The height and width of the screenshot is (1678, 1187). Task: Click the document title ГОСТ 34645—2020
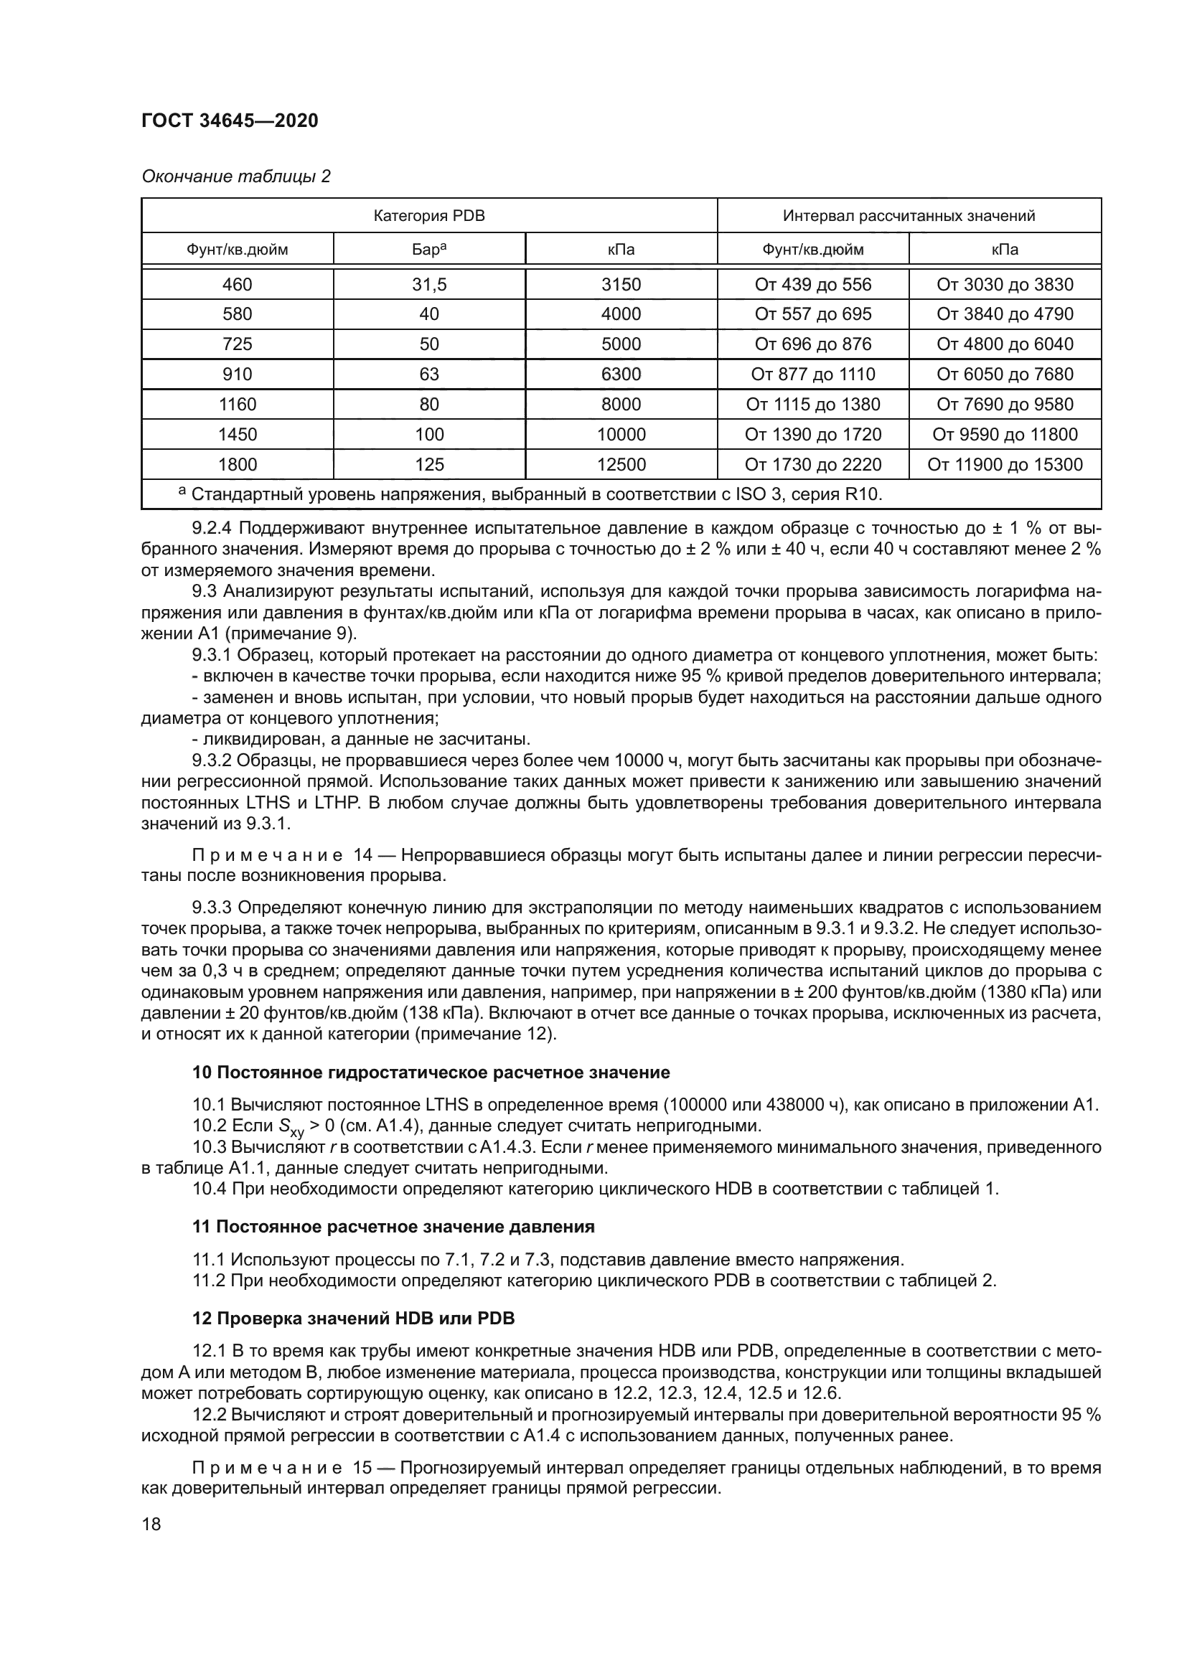pos(230,121)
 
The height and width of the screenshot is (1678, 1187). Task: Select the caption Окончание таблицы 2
pos(235,176)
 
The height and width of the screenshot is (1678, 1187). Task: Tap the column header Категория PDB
pos(429,216)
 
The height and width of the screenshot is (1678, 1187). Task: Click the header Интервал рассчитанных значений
pos(909,216)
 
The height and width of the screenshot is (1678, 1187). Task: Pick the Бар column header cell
pos(429,249)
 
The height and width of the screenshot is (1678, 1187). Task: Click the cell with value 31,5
pos(429,284)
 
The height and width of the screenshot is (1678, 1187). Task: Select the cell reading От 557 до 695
pos(813,314)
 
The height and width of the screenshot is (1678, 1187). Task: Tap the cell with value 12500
pos(621,464)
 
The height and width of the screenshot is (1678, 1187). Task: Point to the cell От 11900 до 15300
pos(1004,464)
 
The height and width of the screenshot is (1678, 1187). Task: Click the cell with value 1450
pos(238,434)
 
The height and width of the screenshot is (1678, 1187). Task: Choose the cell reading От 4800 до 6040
pos(1004,344)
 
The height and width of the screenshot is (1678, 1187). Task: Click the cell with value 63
pos(429,374)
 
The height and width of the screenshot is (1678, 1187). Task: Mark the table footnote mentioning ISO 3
pos(533,495)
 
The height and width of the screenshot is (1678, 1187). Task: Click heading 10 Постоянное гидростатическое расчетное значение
pos(431,1073)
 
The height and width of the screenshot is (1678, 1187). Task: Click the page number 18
pos(151,1524)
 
